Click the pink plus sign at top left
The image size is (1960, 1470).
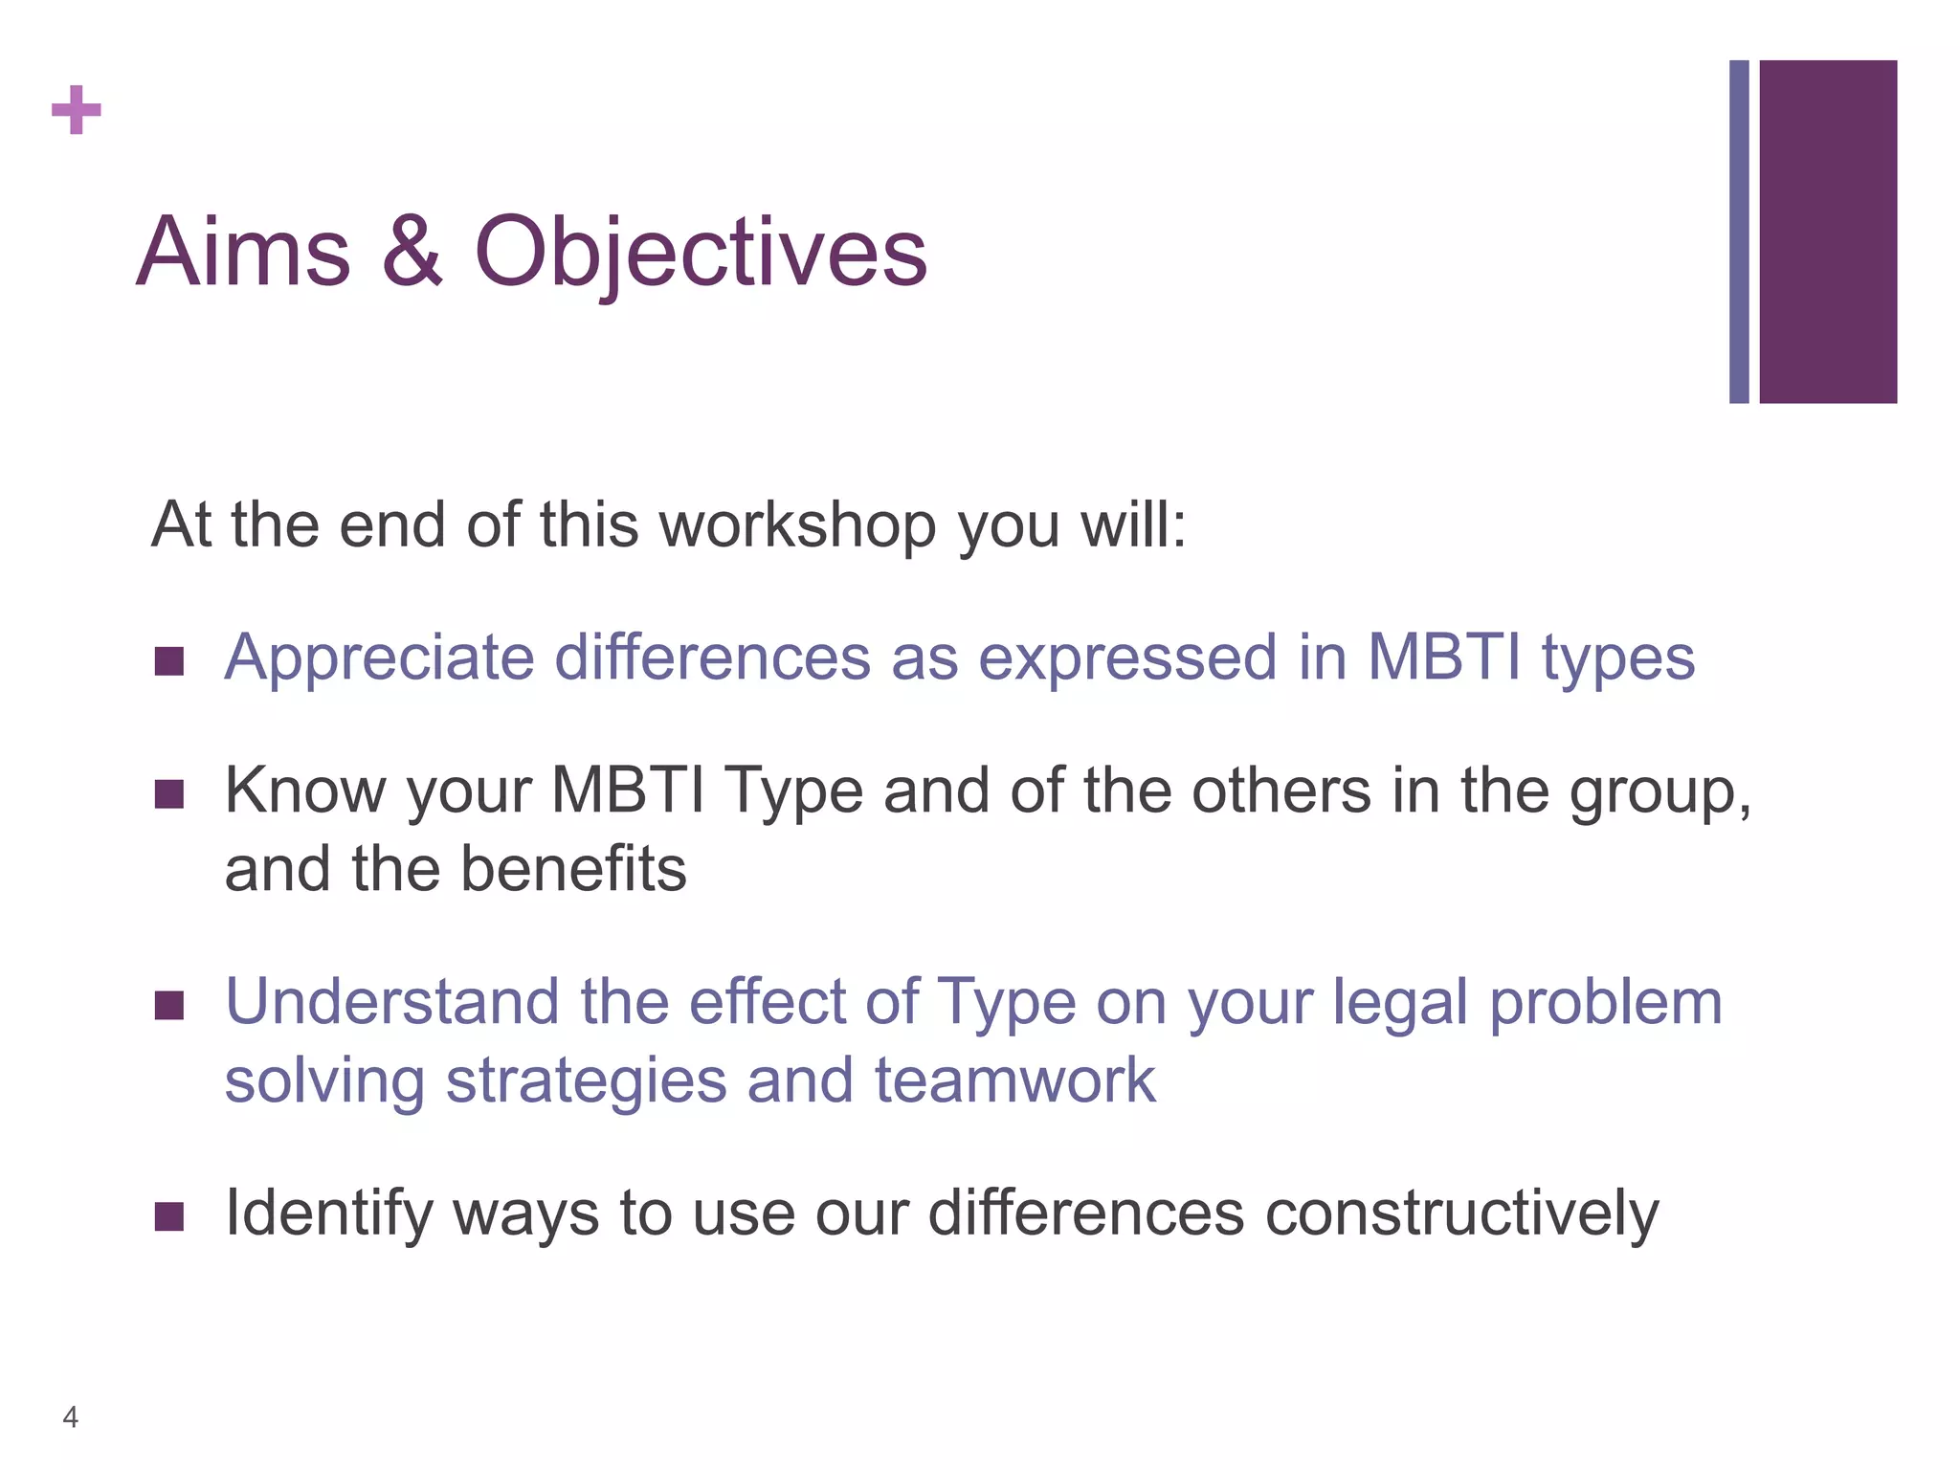click(77, 110)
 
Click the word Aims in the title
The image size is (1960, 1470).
click(244, 252)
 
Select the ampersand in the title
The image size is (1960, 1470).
click(412, 252)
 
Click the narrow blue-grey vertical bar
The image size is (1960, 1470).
click(1739, 232)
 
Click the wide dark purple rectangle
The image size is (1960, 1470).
click(1828, 232)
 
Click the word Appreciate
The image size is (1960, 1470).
click(379, 658)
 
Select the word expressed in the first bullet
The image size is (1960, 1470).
click(1127, 658)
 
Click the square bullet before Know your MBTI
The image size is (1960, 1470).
click(169, 793)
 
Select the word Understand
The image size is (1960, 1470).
click(391, 1002)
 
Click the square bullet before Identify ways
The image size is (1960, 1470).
click(169, 1216)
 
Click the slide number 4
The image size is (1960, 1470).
click(70, 1416)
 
